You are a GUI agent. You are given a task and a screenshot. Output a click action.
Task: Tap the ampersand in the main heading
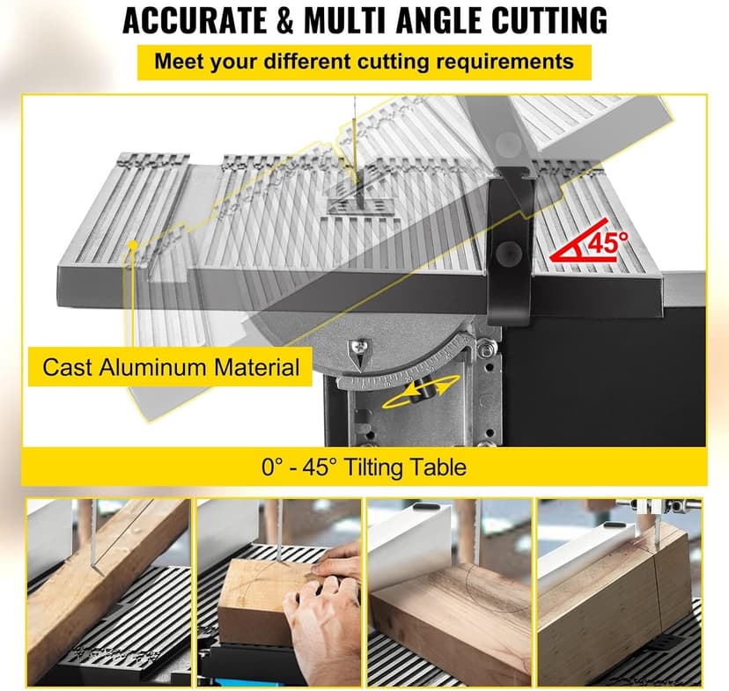point(285,20)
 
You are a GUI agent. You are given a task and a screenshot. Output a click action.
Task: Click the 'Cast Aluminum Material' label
point(171,367)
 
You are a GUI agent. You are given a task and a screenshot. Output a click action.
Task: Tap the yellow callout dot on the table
point(134,245)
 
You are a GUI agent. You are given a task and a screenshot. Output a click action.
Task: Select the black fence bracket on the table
point(510,246)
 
